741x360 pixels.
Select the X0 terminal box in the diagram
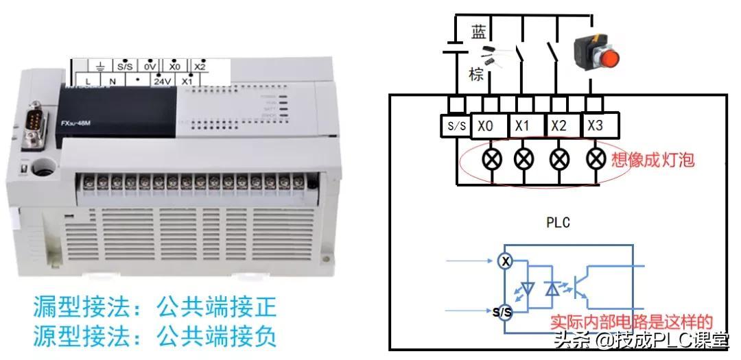pyautogui.click(x=486, y=127)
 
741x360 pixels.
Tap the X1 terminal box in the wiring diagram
pyautogui.click(x=523, y=127)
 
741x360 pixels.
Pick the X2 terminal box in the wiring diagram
pyautogui.click(x=559, y=127)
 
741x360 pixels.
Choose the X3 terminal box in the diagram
pyautogui.click(x=596, y=126)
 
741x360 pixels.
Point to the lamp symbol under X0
pyautogui.click(x=493, y=158)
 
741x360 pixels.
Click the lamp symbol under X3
pyautogui.click(x=595, y=158)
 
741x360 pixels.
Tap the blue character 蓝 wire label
pyautogui.click(x=478, y=32)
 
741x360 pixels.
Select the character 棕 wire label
pyautogui.click(x=476, y=73)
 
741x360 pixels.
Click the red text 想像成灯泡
pyautogui.click(x=653, y=160)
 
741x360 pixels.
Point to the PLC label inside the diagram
pyautogui.click(x=558, y=223)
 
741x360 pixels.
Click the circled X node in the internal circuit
pyautogui.click(x=505, y=261)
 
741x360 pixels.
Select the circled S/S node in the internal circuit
pyautogui.click(x=503, y=313)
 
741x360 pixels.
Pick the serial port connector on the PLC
pyautogui.click(x=33, y=125)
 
